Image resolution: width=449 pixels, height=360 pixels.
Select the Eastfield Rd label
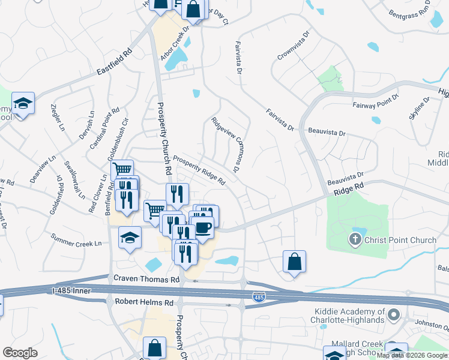click(114, 64)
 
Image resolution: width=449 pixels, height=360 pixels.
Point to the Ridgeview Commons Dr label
click(226, 144)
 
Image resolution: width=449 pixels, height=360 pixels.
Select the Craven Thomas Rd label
click(146, 280)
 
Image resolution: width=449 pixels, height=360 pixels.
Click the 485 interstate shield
click(259, 297)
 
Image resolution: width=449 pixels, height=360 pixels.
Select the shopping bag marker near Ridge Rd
click(294, 262)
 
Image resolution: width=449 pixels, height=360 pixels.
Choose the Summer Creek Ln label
click(76, 240)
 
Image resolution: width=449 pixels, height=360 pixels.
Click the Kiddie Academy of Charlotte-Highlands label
click(349, 316)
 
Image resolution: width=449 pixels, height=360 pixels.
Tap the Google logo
click(20, 352)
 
